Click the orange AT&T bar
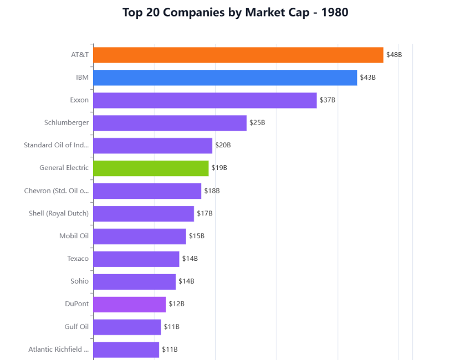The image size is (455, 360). pos(238,55)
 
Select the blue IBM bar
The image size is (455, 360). pos(225,78)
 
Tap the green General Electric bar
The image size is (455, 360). pos(151,168)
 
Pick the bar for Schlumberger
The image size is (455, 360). pos(170,123)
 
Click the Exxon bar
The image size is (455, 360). pos(205,100)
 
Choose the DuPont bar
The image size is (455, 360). pos(130,304)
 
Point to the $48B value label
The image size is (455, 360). pos(394,55)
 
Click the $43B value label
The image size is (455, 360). pos(367,78)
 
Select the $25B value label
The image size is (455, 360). pos(257,123)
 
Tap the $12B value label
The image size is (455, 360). pos(176,304)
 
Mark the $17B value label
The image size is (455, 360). pos(205,213)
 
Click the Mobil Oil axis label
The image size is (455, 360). pos(74,236)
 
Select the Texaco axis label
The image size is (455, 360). pos(78,259)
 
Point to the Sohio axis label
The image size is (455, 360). pos(79,281)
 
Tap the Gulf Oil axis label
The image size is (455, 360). pos(76,327)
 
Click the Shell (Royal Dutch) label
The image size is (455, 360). pos(59,213)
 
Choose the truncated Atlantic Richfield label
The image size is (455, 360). pos(58,349)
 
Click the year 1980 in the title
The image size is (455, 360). pos(335,13)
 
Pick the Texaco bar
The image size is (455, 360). pos(136,259)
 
